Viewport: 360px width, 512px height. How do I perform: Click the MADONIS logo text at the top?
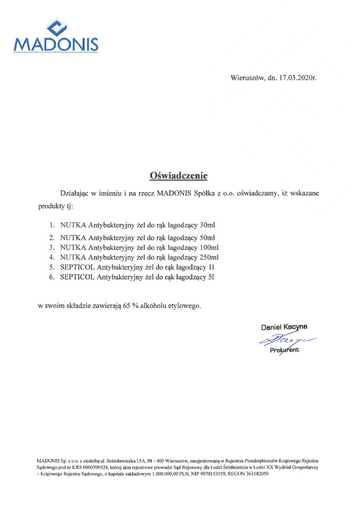point(55,44)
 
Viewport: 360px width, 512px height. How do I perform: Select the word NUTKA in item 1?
point(72,226)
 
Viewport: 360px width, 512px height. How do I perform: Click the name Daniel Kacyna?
point(284,327)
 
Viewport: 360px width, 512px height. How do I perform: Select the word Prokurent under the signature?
point(284,350)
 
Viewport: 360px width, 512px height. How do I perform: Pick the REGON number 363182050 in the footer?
point(256,474)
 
